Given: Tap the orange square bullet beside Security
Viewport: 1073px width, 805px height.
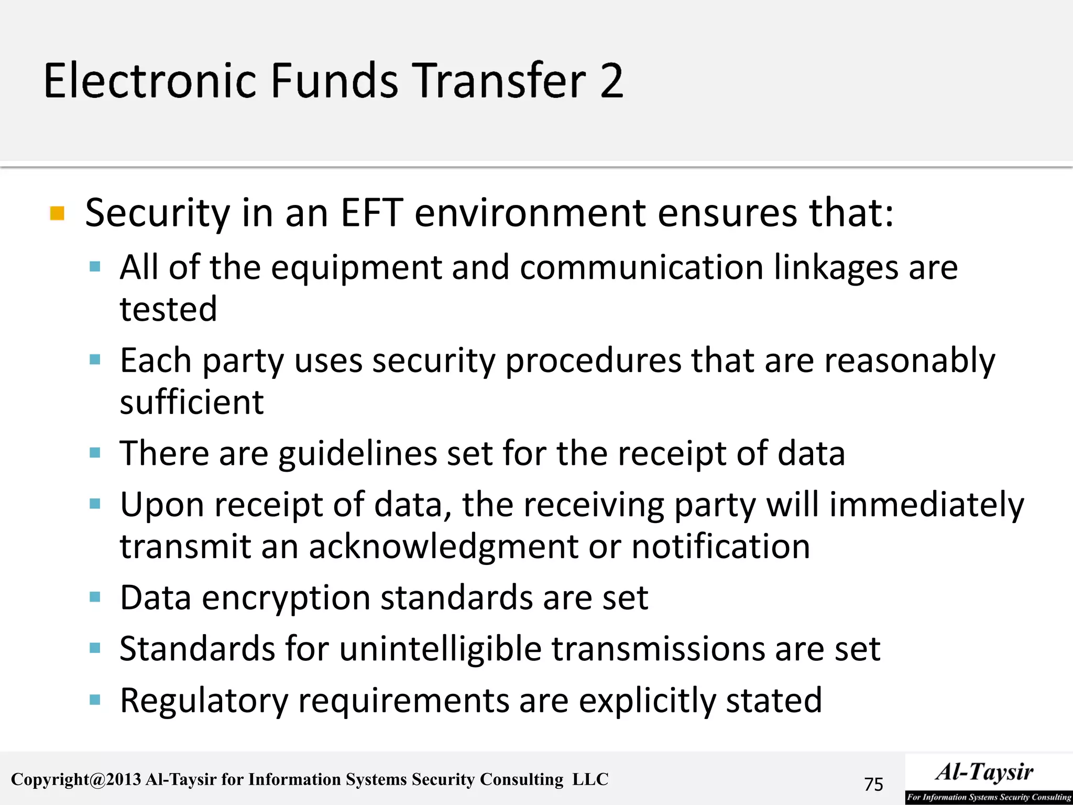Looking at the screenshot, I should [x=57, y=214].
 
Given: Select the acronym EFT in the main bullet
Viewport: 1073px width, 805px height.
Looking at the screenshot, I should [x=371, y=213].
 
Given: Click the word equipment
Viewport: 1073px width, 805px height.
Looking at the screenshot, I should [x=356, y=268].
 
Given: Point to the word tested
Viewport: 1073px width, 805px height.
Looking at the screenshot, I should [x=168, y=309].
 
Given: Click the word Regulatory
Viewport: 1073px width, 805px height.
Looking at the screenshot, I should [x=204, y=701].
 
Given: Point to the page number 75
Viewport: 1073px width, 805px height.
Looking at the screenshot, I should [x=873, y=784].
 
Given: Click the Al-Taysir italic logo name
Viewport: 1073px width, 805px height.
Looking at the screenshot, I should [x=984, y=772].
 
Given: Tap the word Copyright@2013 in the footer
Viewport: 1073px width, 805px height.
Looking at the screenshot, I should [x=76, y=779].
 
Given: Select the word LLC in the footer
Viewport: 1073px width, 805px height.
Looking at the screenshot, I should [x=590, y=779].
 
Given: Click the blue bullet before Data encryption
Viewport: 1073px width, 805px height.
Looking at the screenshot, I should [x=95, y=597].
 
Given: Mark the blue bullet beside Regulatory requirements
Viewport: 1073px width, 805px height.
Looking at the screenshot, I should [x=95, y=700].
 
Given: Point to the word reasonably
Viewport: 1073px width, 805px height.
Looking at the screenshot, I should [x=910, y=361].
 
